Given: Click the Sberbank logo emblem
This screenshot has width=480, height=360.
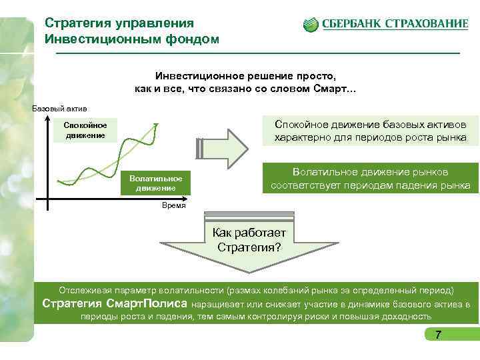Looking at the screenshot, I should (311, 25).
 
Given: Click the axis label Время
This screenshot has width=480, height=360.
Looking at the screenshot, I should (174, 207).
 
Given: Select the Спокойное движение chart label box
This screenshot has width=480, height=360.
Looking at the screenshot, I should (85, 130).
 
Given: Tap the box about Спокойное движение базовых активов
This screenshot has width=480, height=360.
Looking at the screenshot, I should (371, 131).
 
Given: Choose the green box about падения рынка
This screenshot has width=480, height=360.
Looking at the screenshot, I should (369, 179).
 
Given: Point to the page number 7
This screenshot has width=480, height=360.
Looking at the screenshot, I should (438, 335).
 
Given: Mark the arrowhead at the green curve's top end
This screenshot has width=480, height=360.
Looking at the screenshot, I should (156, 125).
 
